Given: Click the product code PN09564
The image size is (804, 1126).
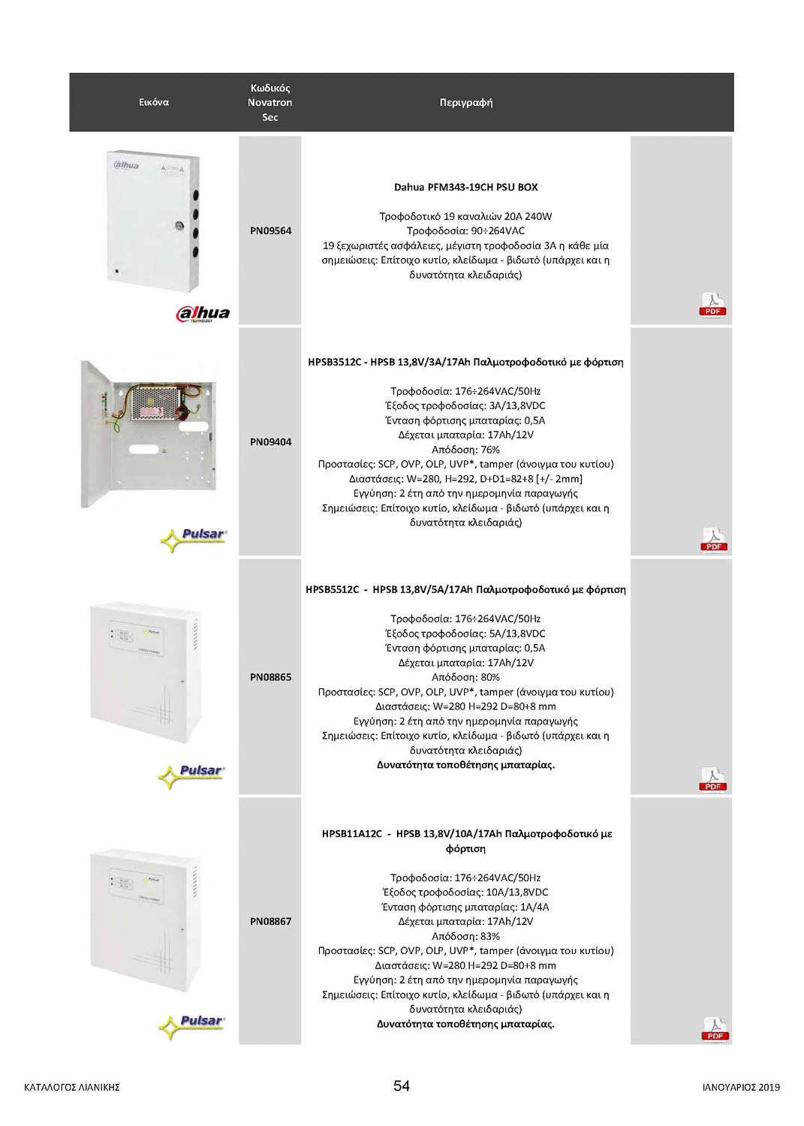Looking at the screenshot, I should [x=270, y=230].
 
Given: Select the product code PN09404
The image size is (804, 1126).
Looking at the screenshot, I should [x=270, y=442].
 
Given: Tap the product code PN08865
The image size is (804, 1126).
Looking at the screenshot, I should [x=270, y=677].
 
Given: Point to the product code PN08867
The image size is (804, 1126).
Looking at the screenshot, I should [x=270, y=921].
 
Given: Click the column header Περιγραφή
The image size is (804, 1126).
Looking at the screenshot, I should [x=465, y=102].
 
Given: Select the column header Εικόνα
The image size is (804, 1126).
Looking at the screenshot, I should [x=154, y=102].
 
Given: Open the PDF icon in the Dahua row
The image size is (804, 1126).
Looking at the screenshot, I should [x=712, y=305].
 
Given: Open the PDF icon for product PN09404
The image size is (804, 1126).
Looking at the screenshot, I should [x=713, y=540].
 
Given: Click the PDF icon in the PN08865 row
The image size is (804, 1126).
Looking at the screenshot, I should [x=712, y=779].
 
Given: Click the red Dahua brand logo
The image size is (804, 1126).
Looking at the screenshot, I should [x=203, y=314].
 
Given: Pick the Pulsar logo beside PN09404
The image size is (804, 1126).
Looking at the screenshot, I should [x=194, y=537].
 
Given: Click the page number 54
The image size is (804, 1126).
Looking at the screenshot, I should [x=402, y=1085].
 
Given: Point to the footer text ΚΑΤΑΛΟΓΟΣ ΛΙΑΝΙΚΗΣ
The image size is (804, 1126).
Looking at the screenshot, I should [x=72, y=1087].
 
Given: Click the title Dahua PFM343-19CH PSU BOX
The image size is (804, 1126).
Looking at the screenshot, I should [x=465, y=187].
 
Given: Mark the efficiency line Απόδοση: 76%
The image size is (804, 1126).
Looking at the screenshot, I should [x=465, y=450].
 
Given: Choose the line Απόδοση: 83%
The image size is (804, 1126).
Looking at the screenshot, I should [x=465, y=936].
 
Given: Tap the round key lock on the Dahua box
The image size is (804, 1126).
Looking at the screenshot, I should [x=179, y=224].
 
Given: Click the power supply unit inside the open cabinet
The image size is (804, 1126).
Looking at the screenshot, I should [x=158, y=402].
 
